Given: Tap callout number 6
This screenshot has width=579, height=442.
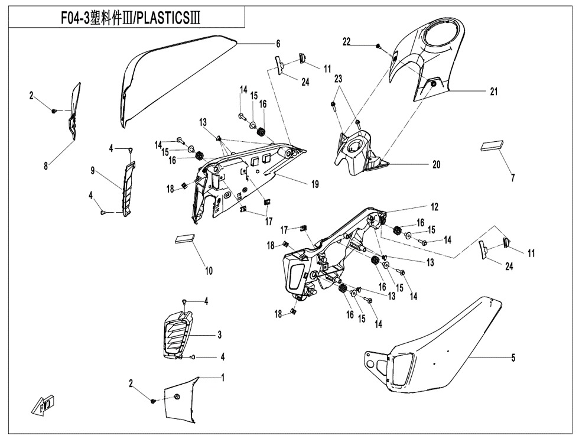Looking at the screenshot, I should [x=278, y=44].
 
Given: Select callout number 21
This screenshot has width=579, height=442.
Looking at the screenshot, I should [x=494, y=92].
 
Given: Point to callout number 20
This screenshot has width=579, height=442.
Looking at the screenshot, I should [x=436, y=165].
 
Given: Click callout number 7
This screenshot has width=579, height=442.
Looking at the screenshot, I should [x=512, y=177].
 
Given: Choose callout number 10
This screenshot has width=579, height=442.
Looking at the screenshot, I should [x=209, y=272].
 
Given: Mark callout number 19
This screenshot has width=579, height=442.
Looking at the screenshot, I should [x=315, y=184].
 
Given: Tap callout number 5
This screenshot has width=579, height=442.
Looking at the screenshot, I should [x=513, y=357].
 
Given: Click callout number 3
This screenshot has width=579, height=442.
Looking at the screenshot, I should [x=219, y=335].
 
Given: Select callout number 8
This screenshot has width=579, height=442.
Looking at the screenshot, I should [x=45, y=167].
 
